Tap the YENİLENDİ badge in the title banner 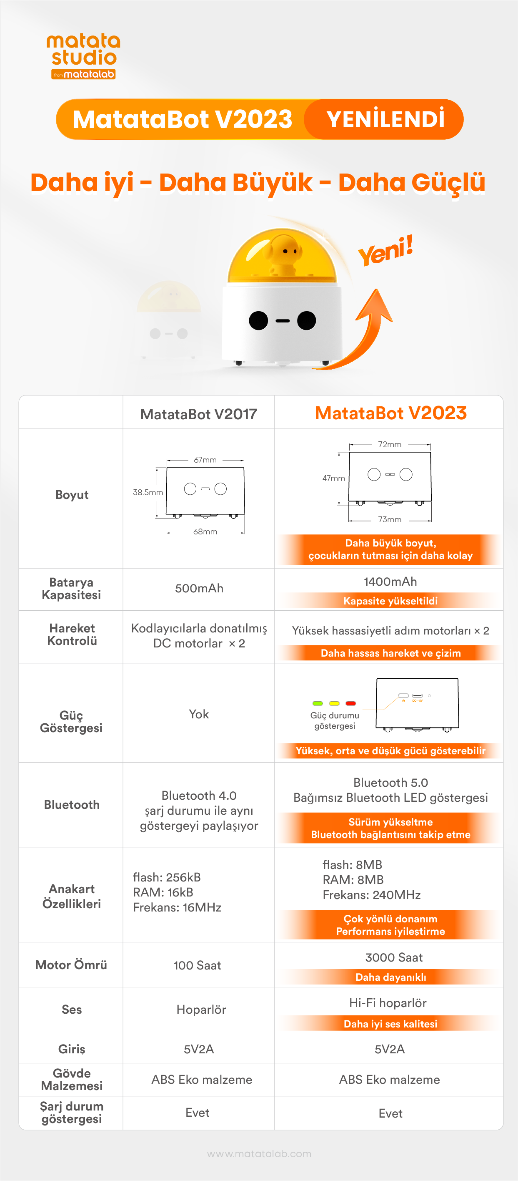(x=385, y=119)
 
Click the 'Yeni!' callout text (x=385, y=250)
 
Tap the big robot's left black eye (x=258, y=320)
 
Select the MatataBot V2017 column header (x=199, y=414)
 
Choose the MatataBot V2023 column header (x=390, y=413)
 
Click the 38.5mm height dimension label (x=148, y=492)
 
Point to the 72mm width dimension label (x=390, y=444)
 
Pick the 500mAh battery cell (x=199, y=588)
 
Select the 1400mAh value (x=390, y=582)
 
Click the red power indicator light (x=351, y=703)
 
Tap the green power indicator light (x=318, y=703)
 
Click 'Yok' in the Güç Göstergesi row (x=199, y=714)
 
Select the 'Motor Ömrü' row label (x=71, y=964)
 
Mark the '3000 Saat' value (x=394, y=957)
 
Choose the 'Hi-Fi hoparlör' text (x=388, y=1003)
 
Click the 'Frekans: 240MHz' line (x=371, y=895)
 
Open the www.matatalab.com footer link (x=259, y=1154)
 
